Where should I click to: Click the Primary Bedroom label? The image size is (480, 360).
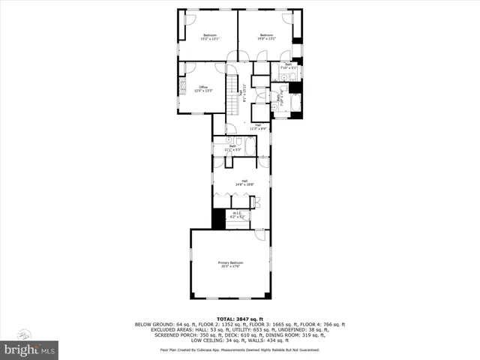tap(229, 264)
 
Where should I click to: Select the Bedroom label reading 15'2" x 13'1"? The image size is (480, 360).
tap(209, 37)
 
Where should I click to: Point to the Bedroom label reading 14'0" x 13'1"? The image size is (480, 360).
tap(267, 37)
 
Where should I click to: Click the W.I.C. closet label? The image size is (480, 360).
tap(237, 215)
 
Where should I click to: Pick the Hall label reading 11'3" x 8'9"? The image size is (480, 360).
tap(257, 127)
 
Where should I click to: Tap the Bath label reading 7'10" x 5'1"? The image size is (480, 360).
tap(289, 66)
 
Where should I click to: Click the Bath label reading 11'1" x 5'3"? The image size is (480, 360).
tap(222, 148)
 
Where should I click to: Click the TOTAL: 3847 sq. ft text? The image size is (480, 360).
tap(239, 319)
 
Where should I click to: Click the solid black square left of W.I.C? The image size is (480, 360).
tap(218, 219)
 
